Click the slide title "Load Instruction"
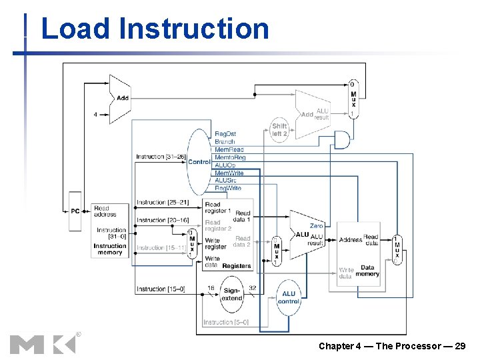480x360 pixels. (155, 29)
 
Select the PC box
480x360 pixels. (75, 211)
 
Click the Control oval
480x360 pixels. (199, 161)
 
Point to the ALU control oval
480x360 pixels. (289, 297)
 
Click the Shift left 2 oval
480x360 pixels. (279, 129)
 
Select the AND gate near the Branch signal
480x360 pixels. (342, 140)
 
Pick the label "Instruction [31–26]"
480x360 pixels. (160, 157)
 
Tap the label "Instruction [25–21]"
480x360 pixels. (163, 202)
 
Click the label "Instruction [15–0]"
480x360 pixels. (161, 289)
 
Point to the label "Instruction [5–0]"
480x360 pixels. (226, 322)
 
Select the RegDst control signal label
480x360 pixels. (225, 134)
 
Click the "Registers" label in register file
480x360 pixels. (237, 265)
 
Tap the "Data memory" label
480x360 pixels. (367, 270)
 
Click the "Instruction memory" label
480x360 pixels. (109, 249)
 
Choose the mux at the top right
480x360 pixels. (353, 99)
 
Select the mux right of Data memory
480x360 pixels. (397, 250)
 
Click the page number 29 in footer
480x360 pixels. (460, 346)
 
